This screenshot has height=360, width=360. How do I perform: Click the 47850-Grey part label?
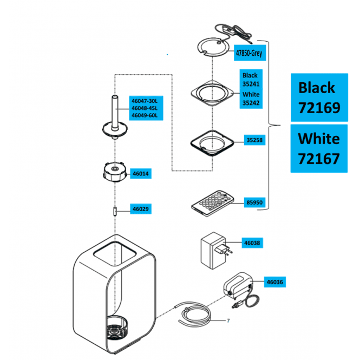(x=250, y=53)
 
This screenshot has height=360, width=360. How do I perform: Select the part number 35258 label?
(x=254, y=140)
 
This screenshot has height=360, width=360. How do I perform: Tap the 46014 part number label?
(x=141, y=174)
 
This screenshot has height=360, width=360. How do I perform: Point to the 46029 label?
(x=141, y=209)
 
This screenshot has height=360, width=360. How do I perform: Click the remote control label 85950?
(x=254, y=202)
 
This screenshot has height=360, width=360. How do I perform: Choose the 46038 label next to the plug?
(x=252, y=243)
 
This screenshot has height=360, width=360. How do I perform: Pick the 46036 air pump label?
(x=275, y=282)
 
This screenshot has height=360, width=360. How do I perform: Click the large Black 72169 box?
(x=319, y=97)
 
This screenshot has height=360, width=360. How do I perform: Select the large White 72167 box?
(x=319, y=148)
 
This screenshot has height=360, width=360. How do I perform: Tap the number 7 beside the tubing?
(x=228, y=320)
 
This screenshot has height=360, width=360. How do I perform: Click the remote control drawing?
(x=213, y=204)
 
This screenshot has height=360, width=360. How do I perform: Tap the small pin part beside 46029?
(x=115, y=211)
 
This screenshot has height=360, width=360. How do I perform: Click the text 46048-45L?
(x=145, y=108)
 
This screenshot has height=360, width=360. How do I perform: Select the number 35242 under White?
(x=251, y=103)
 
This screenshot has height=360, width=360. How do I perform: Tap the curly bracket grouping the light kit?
(x=269, y=125)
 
